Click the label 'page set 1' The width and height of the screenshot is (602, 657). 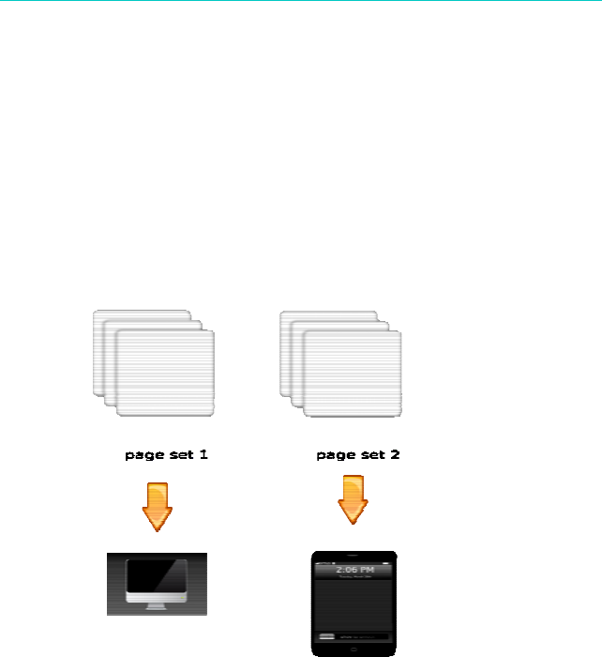tap(166, 455)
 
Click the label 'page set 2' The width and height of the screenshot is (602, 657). tap(358, 455)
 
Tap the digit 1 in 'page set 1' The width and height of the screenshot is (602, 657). tap(203, 455)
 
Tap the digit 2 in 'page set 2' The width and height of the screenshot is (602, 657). tap(395, 455)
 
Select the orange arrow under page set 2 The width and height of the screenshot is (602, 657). tap(353, 500)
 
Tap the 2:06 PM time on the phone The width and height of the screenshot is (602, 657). tap(353, 569)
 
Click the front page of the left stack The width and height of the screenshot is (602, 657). tap(165, 374)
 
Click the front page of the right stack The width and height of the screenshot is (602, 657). tap(353, 374)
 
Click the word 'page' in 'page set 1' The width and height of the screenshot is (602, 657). tap(143, 456)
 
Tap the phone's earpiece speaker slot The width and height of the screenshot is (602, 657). tap(353, 556)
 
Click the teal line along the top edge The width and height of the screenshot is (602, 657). tap(301, 1)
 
